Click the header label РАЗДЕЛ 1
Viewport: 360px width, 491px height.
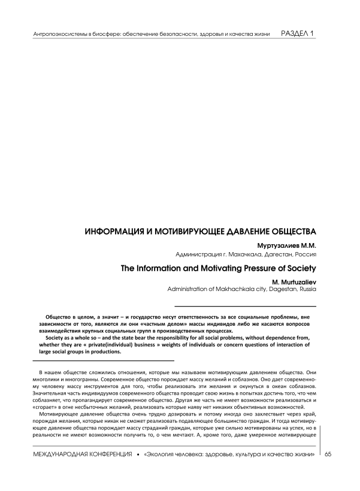pyautogui.click(x=298, y=33)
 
